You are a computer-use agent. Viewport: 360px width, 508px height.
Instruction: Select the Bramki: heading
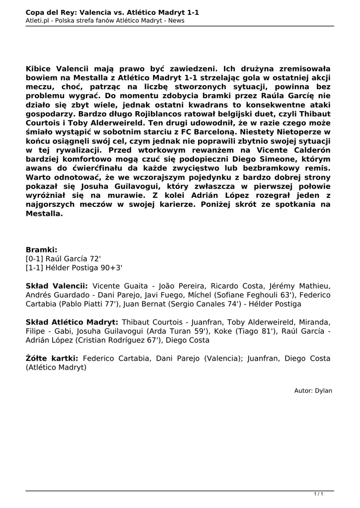point(42,250)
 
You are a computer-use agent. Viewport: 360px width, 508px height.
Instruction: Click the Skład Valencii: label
point(57,286)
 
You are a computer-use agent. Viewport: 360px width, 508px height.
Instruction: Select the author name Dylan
point(323,390)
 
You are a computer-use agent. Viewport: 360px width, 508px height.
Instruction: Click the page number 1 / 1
point(318,494)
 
